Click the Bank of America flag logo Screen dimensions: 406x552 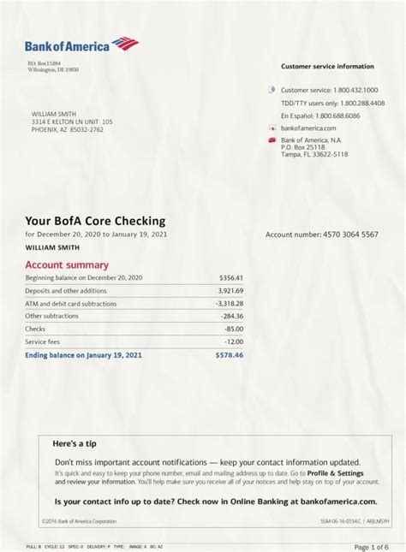point(125,43)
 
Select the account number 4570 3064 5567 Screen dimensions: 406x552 point(346,234)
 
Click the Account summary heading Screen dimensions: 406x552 point(67,265)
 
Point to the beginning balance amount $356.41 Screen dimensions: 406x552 point(230,278)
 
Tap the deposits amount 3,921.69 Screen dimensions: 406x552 point(230,291)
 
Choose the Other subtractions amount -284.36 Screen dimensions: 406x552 point(230,316)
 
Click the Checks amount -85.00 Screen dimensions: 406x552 point(233,329)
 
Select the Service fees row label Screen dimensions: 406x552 point(42,341)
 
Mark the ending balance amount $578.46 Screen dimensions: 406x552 point(229,354)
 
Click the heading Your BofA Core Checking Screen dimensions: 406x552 point(95,221)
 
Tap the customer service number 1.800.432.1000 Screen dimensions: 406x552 point(355,90)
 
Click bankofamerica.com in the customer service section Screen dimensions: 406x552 point(308,128)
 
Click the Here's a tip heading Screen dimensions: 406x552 point(75,443)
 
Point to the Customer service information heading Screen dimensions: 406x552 point(327,66)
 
